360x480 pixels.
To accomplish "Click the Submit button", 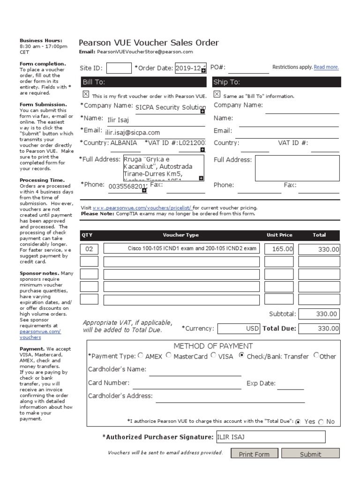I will coord(310,454).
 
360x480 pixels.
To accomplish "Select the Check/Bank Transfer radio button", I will coord(242,355).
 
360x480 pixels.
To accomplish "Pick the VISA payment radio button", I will coord(214,355).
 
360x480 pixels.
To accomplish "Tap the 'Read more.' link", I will coord(326,67).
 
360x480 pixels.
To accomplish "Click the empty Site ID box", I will coord(119,68).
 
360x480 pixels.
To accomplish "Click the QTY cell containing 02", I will coord(90,249).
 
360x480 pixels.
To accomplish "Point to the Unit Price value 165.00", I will coord(279,249).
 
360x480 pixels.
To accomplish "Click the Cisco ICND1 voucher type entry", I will coord(181,248).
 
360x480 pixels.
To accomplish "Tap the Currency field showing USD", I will coord(239,329).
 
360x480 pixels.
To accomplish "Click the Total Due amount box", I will coord(319,329).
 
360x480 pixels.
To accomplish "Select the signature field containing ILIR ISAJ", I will coord(270,437).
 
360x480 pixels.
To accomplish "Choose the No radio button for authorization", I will coord(321,421).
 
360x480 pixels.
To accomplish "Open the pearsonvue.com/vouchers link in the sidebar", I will coord(40,334).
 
